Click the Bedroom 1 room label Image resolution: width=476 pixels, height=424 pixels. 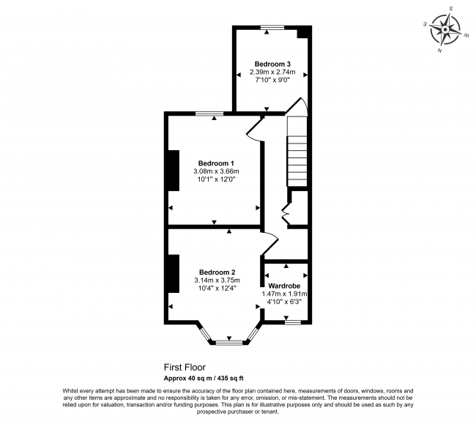[x=216, y=163]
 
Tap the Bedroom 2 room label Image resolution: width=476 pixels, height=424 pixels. [x=216, y=272]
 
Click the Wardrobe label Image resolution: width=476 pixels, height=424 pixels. [x=284, y=286]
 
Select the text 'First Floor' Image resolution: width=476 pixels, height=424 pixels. [x=185, y=367]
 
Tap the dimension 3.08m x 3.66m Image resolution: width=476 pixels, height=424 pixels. [x=216, y=171]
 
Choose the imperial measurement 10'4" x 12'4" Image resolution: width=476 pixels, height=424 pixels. [x=216, y=289]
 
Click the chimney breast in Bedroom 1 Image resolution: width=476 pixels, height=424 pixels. [x=173, y=171]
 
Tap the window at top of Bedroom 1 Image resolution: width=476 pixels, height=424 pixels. [x=209, y=113]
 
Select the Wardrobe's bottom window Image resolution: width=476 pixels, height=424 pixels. [x=293, y=321]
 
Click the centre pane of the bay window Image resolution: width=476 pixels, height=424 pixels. [x=230, y=341]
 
